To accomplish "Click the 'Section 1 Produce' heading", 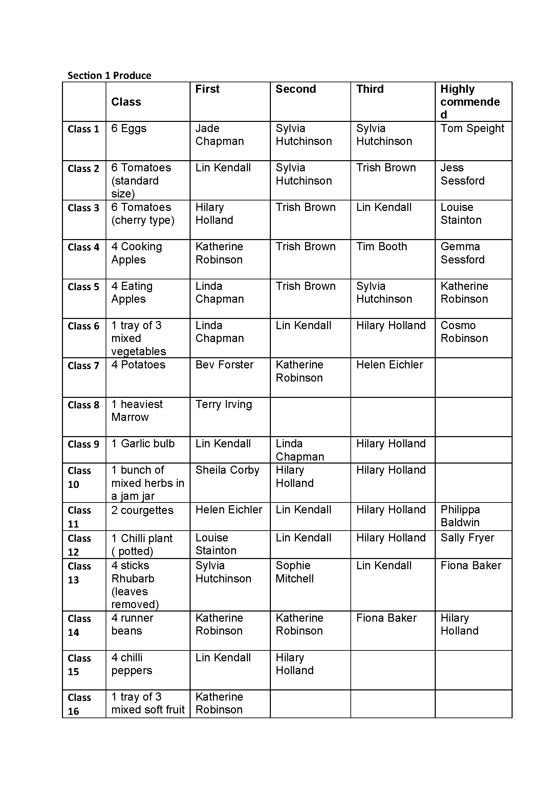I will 109,75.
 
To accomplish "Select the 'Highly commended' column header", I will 470,102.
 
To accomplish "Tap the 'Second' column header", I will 296,89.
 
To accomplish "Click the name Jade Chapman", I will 219,134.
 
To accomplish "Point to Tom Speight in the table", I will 472,128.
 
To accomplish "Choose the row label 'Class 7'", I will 83,365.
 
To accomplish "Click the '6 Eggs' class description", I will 129,128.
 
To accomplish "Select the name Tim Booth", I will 381,247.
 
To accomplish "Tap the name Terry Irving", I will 223,404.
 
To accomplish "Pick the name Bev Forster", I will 224,365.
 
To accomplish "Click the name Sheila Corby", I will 227,470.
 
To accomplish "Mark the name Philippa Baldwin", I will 460,516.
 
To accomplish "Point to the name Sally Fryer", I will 467,538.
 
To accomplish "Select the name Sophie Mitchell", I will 295,572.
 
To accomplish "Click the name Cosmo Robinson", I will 464,331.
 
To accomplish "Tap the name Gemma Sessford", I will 462,253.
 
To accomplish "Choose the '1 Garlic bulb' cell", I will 143,444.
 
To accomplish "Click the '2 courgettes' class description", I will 142,510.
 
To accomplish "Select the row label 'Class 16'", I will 79,704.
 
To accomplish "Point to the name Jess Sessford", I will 462,174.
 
